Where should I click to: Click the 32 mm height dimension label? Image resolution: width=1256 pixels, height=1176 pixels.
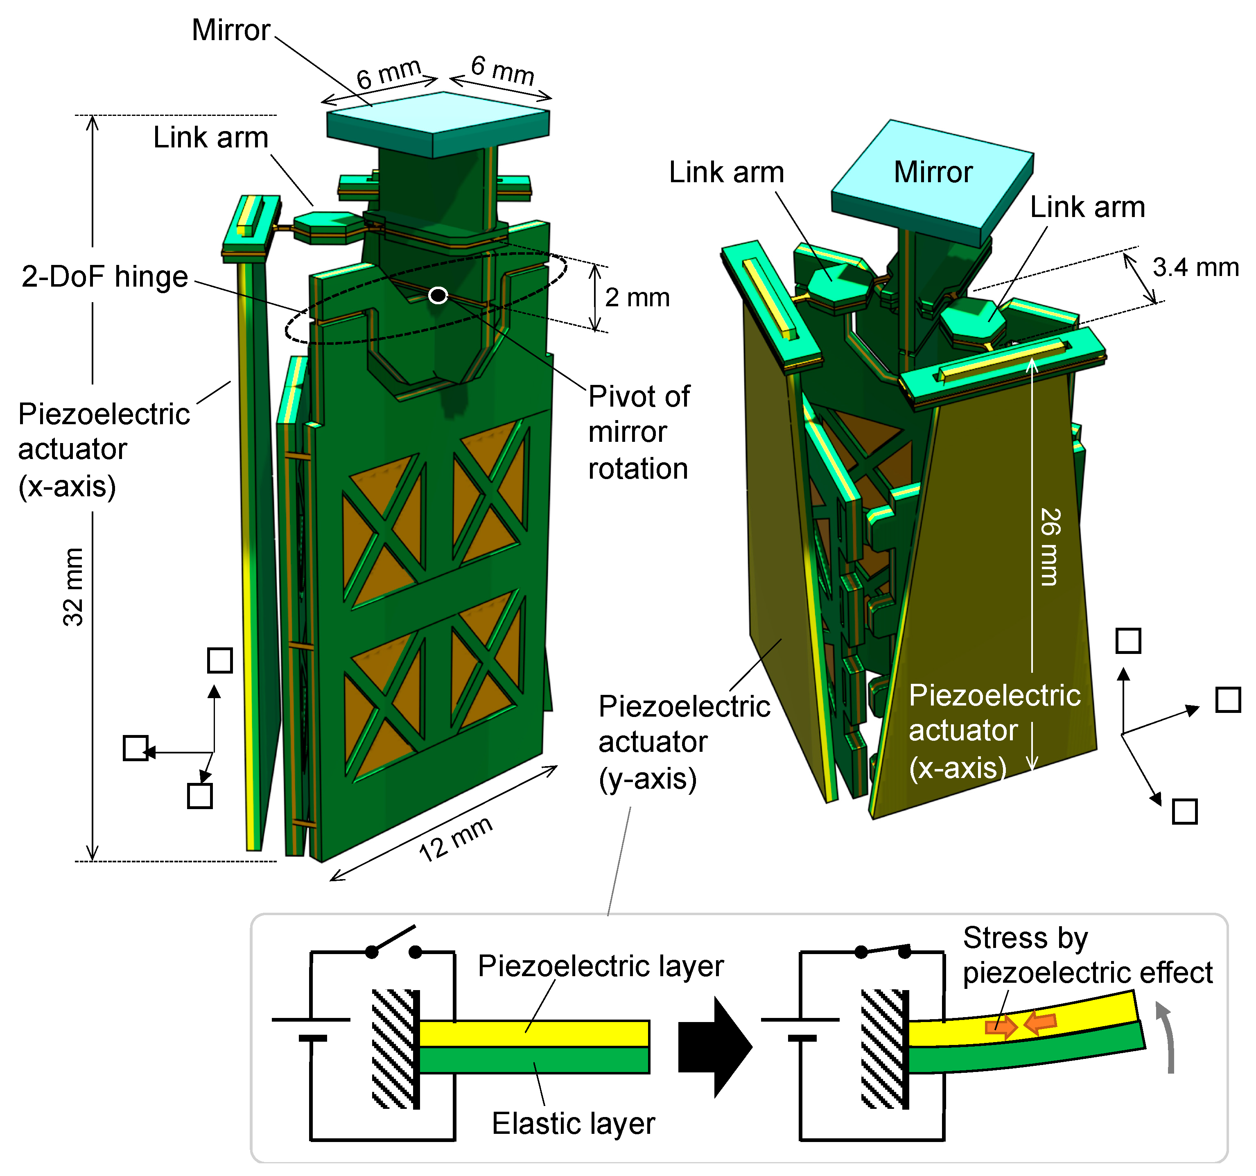(x=72, y=587)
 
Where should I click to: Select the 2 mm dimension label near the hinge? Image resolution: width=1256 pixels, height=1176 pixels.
(x=637, y=298)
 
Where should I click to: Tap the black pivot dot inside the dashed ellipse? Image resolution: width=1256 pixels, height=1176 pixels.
(x=438, y=295)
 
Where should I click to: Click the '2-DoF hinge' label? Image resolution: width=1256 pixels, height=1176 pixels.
(x=104, y=277)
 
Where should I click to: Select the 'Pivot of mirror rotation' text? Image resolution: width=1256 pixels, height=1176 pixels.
(x=638, y=432)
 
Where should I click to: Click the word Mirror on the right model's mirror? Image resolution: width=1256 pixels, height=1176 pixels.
(x=933, y=172)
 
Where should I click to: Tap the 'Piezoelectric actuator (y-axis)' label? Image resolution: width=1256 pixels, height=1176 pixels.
(x=684, y=742)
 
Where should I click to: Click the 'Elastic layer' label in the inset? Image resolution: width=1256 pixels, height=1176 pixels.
(x=573, y=1123)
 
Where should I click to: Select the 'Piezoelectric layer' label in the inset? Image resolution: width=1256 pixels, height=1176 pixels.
(x=600, y=966)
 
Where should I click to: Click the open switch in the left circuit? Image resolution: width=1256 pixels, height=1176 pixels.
(x=393, y=941)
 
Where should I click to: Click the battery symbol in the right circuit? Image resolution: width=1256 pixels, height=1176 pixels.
(x=801, y=1029)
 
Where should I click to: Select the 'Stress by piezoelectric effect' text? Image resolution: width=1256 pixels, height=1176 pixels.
(x=1087, y=955)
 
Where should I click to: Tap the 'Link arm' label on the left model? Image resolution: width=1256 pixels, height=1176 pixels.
(x=210, y=138)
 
